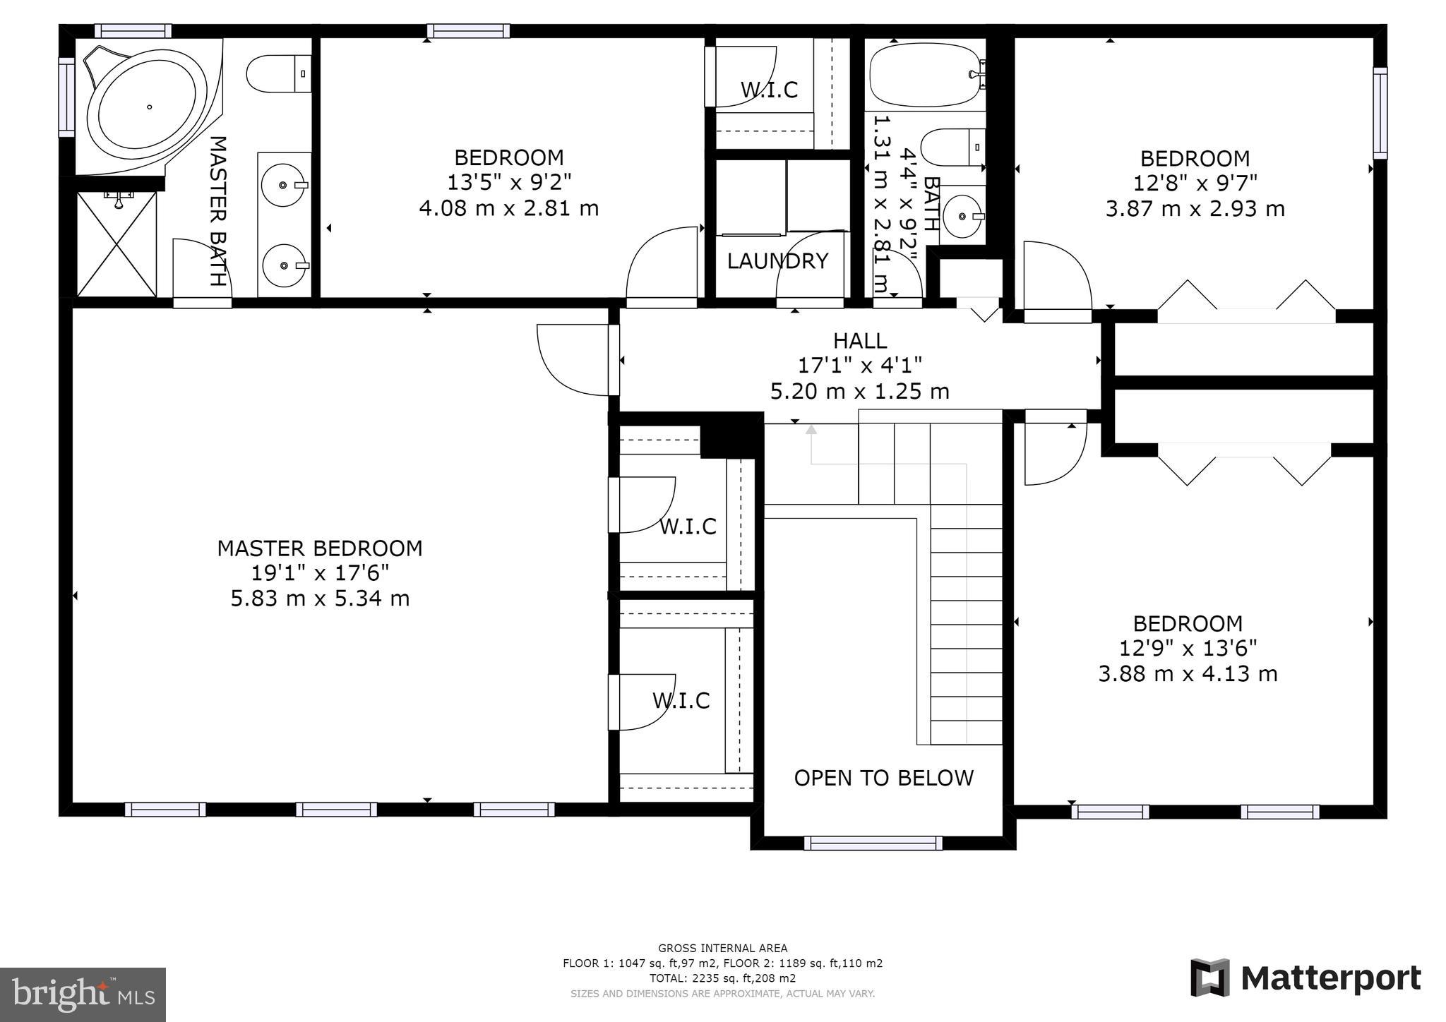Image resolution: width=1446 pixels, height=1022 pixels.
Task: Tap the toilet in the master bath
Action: coord(279,74)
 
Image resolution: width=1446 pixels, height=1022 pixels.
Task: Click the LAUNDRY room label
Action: coord(777,261)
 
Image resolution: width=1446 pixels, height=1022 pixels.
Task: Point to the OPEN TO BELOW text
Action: coord(884,778)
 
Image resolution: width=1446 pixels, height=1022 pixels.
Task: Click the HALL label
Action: coord(860,341)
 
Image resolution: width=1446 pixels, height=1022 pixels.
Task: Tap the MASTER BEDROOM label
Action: coord(320,548)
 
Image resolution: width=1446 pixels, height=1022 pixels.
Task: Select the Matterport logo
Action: coord(1305,978)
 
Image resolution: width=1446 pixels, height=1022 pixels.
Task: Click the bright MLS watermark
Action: coord(83,994)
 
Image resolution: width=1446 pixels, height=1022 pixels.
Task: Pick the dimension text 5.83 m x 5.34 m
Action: coord(320,599)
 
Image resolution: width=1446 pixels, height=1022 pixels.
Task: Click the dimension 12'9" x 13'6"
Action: coord(1188,648)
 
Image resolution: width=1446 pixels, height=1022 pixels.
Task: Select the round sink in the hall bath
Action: coord(962,215)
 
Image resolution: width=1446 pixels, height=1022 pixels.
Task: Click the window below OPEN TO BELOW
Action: coord(873,843)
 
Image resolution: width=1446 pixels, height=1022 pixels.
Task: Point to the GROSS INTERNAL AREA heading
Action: coord(722,949)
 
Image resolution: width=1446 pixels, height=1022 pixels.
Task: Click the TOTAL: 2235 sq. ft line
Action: coord(722,978)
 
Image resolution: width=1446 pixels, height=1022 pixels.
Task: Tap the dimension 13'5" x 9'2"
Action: coord(509,183)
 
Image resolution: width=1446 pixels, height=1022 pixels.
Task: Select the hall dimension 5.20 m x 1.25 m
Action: coord(860,391)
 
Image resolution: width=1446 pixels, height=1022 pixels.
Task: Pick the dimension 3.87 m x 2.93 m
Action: coord(1195,209)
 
